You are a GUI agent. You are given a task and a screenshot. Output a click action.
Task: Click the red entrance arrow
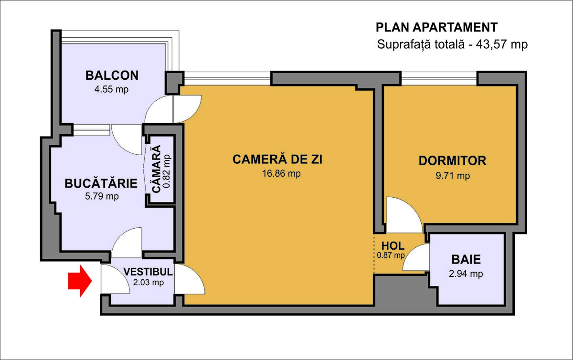[80, 281]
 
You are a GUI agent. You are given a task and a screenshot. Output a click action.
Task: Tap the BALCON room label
[112, 75]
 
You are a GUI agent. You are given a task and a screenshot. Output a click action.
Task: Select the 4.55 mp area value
[112, 90]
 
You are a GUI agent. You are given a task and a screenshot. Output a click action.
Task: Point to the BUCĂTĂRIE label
[101, 183]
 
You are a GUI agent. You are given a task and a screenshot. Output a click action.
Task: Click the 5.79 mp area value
[102, 197]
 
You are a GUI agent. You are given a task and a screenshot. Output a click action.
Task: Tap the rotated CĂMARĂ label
[157, 169]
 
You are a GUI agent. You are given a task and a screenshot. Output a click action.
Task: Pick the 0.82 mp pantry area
[167, 171]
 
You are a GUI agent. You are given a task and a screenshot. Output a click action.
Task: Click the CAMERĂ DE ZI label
[277, 159]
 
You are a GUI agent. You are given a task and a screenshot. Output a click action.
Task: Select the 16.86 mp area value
[281, 173]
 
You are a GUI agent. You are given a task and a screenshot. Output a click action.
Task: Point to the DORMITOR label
[453, 161]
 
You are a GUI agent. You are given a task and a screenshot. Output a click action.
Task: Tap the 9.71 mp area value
[453, 176]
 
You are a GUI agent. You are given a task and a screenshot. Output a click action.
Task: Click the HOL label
[393, 246]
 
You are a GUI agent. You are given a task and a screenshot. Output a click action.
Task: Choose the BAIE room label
[466, 259]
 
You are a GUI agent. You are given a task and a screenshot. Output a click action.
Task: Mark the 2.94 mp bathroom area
[466, 274]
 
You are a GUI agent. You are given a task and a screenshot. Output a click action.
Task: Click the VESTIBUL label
[148, 272]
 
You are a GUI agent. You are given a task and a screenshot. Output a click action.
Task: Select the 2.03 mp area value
[149, 282]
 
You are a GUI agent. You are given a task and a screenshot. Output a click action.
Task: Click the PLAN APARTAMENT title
[436, 27]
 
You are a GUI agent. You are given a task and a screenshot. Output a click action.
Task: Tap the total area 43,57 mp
[502, 44]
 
